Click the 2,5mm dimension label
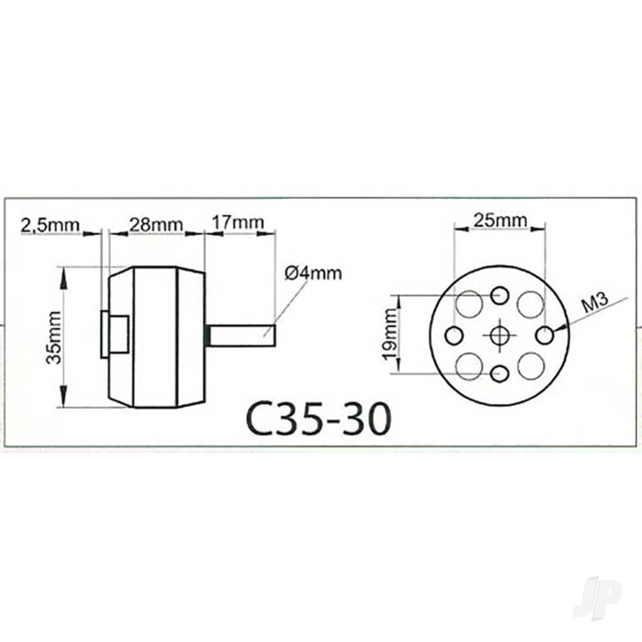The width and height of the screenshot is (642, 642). pyautogui.click(x=50, y=225)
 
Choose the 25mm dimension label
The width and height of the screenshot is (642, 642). pyautogui.click(x=500, y=220)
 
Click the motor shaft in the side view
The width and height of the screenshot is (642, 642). pyautogui.click(x=244, y=336)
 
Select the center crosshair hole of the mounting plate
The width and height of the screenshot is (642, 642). pyautogui.click(x=499, y=334)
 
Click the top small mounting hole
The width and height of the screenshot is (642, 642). pyautogui.click(x=499, y=296)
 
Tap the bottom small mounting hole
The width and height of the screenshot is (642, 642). pyautogui.click(x=499, y=373)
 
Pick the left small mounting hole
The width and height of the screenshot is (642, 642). pyautogui.click(x=455, y=334)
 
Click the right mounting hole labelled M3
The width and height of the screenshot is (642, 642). pyautogui.click(x=545, y=334)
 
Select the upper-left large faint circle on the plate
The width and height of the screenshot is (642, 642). pyautogui.click(x=469, y=303)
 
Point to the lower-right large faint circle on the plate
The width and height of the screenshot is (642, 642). pyautogui.click(x=531, y=366)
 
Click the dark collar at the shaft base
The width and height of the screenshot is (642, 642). pyautogui.click(x=208, y=336)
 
